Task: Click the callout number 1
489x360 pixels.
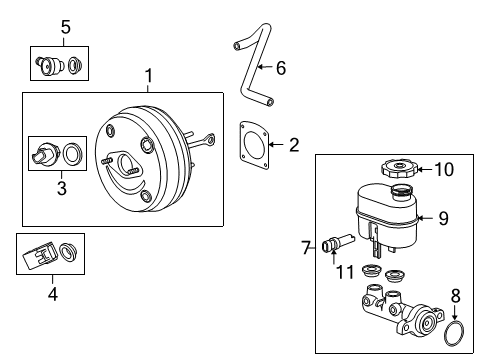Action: pos(149,76)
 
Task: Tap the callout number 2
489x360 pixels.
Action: pos(293,145)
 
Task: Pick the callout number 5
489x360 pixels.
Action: pos(65,28)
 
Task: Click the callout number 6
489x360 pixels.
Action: pos(281,67)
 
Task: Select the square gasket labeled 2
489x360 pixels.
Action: pos(255,147)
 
